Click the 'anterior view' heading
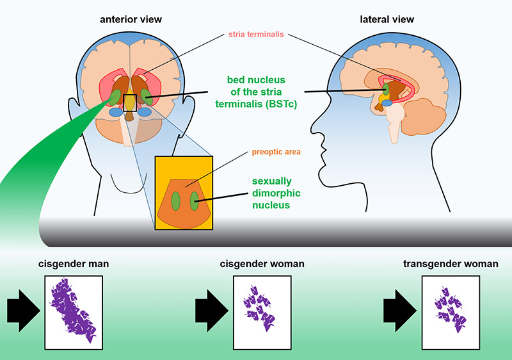point(131,20)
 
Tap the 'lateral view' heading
point(387,20)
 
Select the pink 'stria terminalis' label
point(256,35)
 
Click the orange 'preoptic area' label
point(276,152)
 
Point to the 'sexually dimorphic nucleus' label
point(276,193)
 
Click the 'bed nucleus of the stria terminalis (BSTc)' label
point(256,92)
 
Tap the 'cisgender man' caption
point(74,264)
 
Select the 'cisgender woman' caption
point(262,264)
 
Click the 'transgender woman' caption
point(451,264)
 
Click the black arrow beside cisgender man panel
point(24,311)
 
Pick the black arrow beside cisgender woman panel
point(212,311)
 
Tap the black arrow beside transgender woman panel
point(400,311)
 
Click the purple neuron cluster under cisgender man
point(72,310)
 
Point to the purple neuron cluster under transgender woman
point(451,309)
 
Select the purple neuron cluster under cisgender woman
point(260,308)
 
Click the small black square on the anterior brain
point(130,103)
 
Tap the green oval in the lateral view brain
point(386,89)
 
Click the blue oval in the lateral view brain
point(387,103)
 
